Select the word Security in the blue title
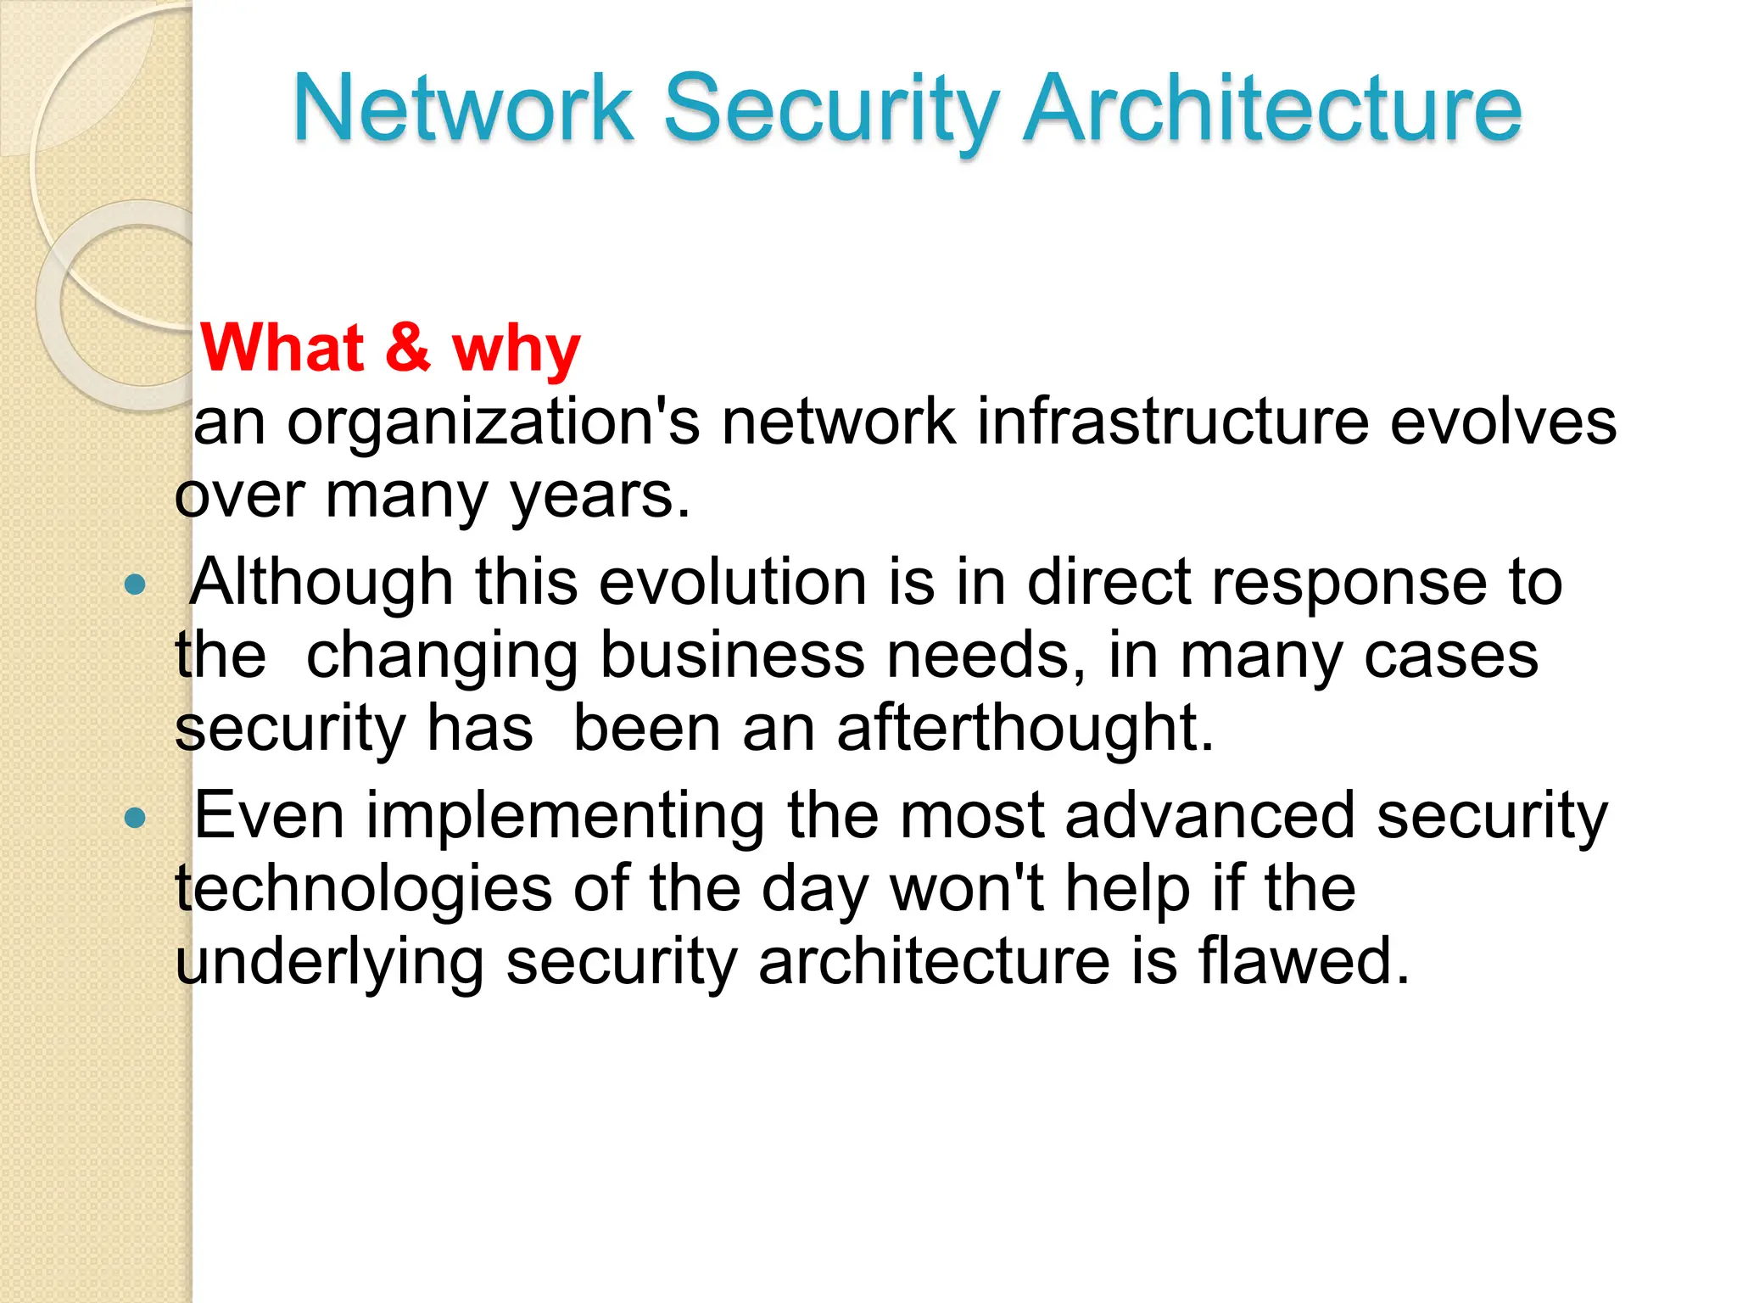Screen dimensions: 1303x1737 [x=829, y=110]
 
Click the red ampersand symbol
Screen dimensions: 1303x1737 [x=407, y=347]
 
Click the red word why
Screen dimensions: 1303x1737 [x=516, y=350]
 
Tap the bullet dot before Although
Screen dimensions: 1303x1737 [x=135, y=584]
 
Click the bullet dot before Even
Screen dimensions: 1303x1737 [x=135, y=818]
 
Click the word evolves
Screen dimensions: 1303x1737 [x=1503, y=422]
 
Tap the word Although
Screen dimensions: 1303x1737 [x=321, y=583]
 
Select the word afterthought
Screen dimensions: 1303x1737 [x=1025, y=729]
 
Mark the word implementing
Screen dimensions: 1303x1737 [x=565, y=816]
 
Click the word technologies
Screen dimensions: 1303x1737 [x=364, y=889]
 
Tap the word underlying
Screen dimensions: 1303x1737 [x=330, y=963]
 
